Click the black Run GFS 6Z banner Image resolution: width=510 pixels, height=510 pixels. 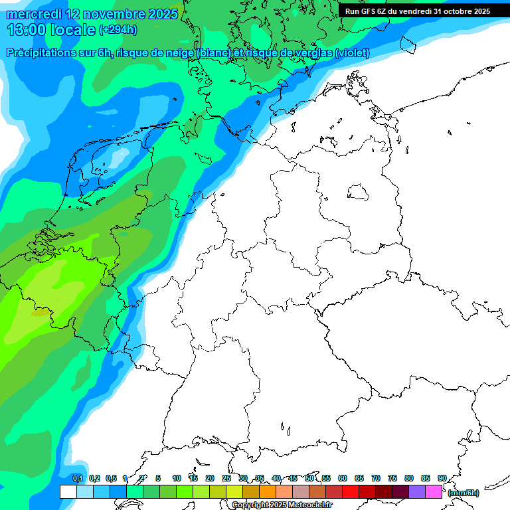pos(417,11)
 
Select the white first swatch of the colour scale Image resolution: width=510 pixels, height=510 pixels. pos(68,492)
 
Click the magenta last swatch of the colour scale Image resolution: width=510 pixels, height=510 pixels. pos(434,492)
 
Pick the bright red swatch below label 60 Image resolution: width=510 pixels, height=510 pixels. pos(351,492)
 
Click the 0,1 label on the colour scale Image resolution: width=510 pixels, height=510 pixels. pos(78,478)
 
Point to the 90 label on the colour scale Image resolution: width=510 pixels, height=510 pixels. pos(442,478)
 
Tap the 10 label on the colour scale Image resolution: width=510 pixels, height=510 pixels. pos(177,478)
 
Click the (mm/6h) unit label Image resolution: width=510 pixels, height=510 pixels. pos(463,493)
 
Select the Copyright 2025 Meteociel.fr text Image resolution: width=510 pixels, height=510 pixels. pos(282,505)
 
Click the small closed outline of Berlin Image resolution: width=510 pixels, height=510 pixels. pos(359,193)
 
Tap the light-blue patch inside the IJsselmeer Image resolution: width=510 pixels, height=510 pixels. pos(120,157)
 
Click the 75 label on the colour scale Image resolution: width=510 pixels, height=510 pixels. pos(392,478)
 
